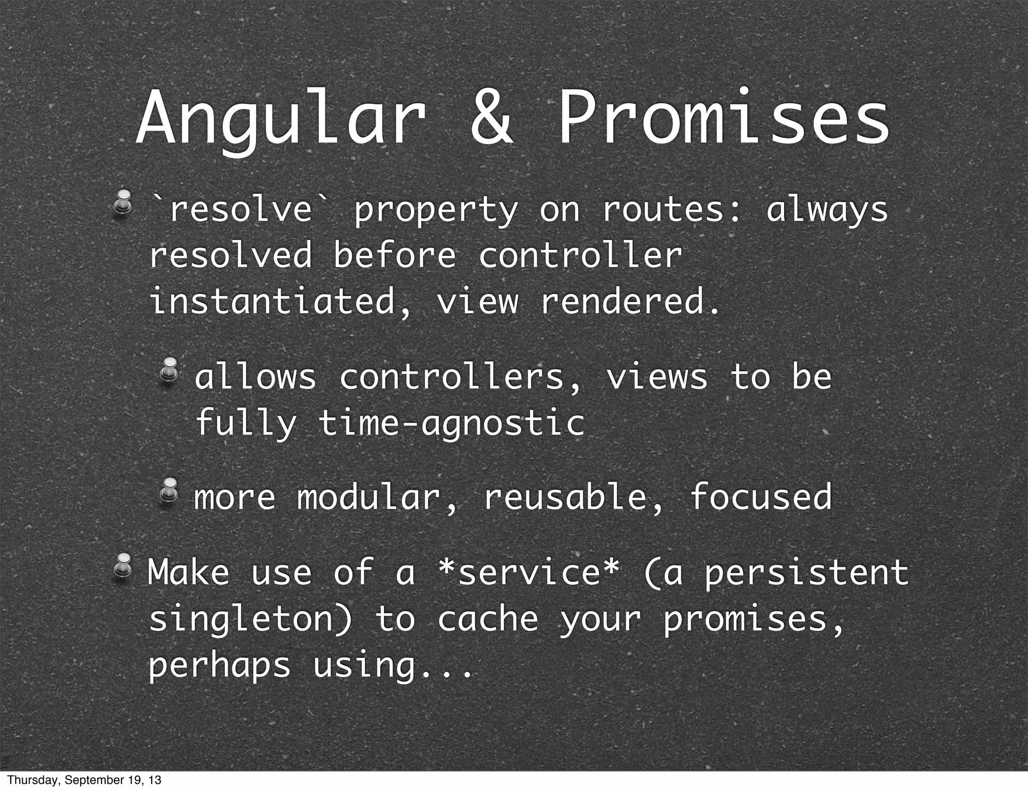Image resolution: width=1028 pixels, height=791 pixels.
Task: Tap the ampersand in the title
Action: [x=492, y=120]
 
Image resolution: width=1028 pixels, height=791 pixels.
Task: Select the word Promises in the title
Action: [x=723, y=120]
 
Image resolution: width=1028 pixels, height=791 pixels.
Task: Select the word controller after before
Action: [x=580, y=255]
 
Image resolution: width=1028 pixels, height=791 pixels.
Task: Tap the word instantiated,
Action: [x=282, y=301]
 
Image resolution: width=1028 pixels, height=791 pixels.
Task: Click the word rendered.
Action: [x=630, y=301]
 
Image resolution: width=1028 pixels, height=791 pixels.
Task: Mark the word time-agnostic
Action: [x=452, y=423]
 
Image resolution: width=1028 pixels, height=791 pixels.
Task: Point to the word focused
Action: [x=761, y=497]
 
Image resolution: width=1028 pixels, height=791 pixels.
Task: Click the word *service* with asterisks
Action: [x=527, y=572]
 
